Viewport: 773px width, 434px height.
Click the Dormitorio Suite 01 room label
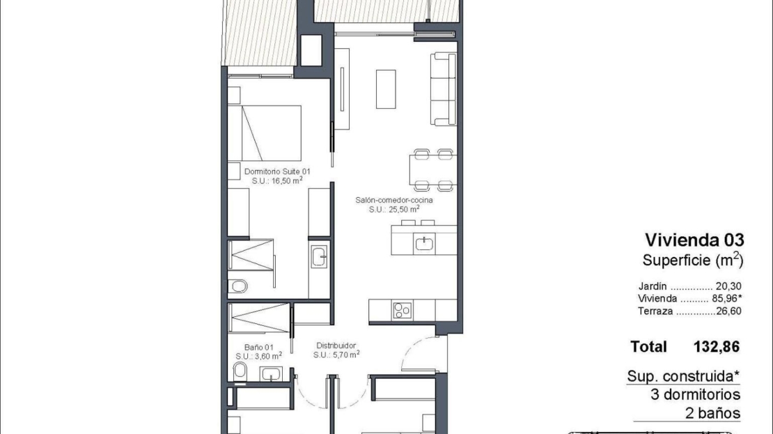[277, 171]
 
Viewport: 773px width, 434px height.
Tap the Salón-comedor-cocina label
[394, 200]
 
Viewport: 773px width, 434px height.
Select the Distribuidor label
[336, 346]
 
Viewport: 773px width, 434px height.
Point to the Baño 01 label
[259, 347]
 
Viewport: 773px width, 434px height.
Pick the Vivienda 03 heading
[694, 240]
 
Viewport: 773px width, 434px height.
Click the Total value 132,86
[717, 347]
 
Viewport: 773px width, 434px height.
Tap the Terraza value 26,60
[728, 311]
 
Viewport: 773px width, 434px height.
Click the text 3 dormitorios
[695, 394]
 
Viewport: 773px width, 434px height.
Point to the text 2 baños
[713, 413]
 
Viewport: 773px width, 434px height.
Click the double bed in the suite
[265, 133]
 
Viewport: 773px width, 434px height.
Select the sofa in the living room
[443, 88]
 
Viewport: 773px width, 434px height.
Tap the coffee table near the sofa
[386, 88]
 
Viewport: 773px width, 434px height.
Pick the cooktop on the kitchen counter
[403, 311]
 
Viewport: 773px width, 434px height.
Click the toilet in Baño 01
[240, 371]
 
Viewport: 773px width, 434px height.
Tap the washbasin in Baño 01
[271, 374]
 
